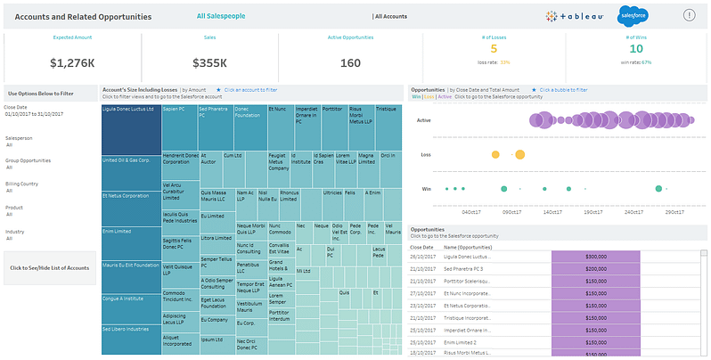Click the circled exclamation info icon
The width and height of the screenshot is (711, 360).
(689, 15)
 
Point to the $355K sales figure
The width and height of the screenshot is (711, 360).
(209, 62)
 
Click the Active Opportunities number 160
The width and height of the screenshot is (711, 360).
(350, 62)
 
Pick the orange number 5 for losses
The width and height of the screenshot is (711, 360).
(494, 49)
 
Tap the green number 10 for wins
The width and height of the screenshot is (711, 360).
(637, 49)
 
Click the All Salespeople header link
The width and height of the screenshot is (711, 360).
(221, 16)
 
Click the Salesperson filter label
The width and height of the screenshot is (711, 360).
(20, 140)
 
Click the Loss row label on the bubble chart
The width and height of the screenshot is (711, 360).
(426, 154)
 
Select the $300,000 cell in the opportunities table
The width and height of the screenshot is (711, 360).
(595, 256)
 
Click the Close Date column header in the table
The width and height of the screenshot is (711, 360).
(421, 246)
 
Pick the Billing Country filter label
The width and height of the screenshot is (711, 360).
(23, 184)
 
